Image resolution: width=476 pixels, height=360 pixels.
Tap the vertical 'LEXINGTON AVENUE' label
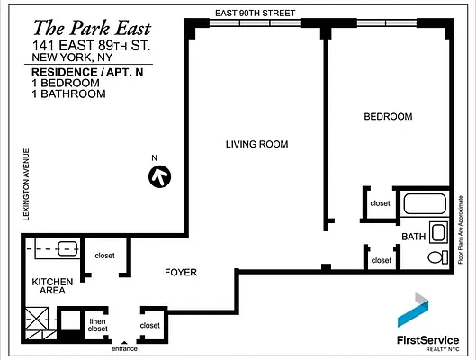tap(28, 184)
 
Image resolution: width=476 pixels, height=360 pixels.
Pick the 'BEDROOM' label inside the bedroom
tap(388, 117)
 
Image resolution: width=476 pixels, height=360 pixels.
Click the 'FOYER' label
tap(180, 271)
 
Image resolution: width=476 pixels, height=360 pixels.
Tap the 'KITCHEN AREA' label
tap(52, 287)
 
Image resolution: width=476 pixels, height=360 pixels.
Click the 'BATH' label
tap(413, 237)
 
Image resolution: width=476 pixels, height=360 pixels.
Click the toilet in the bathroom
tap(436, 256)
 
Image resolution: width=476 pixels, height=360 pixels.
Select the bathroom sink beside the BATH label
tap(438, 232)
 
